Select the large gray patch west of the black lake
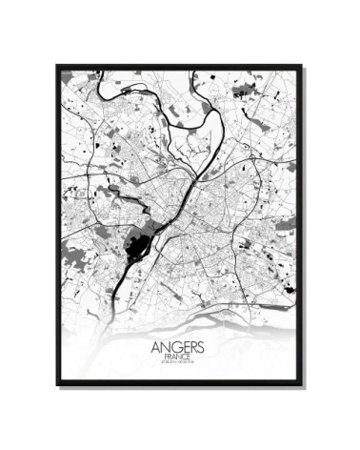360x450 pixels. click(72, 250)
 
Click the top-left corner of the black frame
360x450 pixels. click(57, 66)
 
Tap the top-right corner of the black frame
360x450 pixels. click(302, 66)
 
